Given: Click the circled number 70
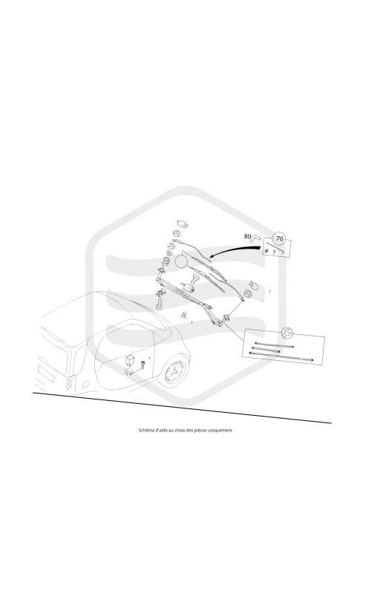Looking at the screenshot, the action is [x=280, y=238].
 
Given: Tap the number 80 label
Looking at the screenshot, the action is [x=248, y=236].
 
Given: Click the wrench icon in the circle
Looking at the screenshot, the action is [x=287, y=333].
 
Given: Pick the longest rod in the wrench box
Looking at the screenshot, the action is [x=281, y=356].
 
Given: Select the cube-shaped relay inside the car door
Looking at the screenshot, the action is [x=131, y=359].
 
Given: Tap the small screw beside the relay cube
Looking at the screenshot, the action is [x=142, y=364].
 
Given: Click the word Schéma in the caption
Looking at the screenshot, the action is [x=147, y=430].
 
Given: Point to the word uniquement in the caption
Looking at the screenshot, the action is [x=222, y=430].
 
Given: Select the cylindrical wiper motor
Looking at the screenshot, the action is [x=188, y=289].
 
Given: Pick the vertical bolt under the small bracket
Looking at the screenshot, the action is [x=159, y=304].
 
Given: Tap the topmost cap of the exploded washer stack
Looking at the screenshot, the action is [x=183, y=224].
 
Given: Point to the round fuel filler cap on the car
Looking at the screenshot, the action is [x=85, y=385].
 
